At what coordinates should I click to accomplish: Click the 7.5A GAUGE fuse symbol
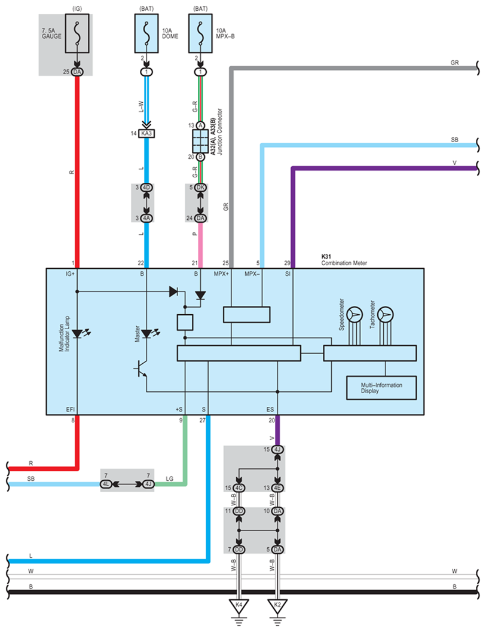(77, 33)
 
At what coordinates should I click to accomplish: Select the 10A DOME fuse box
(146, 33)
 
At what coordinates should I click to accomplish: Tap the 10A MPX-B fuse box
(200, 33)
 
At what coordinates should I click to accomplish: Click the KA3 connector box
(147, 133)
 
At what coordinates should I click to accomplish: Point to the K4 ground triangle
(239, 606)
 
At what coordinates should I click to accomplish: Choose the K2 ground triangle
(277, 606)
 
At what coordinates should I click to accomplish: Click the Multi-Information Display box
(381, 388)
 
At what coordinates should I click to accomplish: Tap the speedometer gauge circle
(355, 314)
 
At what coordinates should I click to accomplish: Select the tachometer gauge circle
(386, 314)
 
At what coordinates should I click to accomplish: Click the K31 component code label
(326, 257)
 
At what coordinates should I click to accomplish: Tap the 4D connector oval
(147, 188)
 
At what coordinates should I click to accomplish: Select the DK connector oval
(200, 188)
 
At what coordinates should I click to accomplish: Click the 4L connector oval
(106, 484)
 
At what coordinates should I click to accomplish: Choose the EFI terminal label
(70, 410)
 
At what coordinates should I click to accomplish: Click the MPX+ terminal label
(221, 274)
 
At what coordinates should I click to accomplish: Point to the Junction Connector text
(220, 132)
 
